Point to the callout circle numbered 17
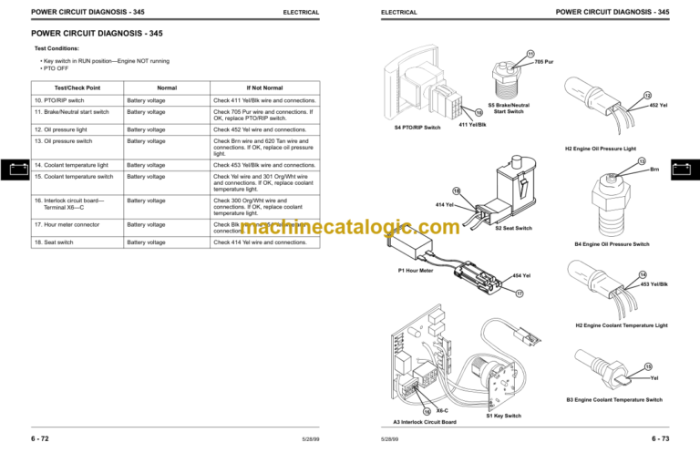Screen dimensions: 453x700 520,293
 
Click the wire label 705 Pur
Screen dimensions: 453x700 544,62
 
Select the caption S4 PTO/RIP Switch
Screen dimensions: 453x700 417,128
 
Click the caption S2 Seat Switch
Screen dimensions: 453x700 513,228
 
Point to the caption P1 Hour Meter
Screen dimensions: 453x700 416,271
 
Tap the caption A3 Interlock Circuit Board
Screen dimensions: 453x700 424,422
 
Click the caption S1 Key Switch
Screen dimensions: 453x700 504,416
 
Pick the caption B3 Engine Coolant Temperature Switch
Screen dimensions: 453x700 614,399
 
